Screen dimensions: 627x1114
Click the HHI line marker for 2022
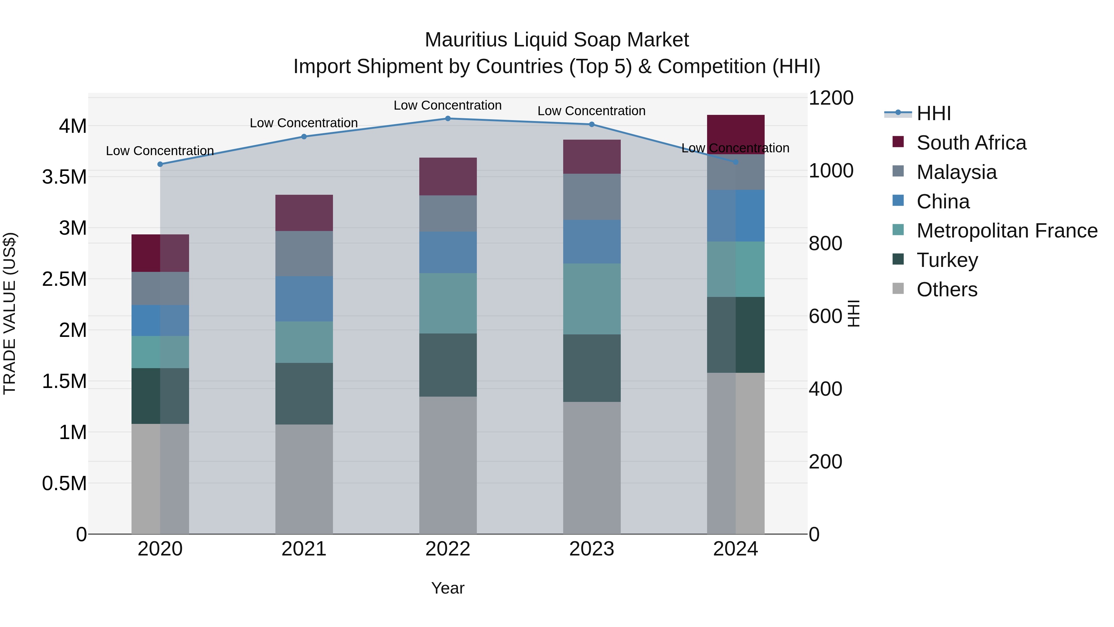(x=447, y=118)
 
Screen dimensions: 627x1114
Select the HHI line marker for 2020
(x=160, y=164)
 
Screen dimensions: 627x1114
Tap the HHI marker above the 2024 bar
(x=736, y=162)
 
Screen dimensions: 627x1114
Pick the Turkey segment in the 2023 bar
(x=592, y=368)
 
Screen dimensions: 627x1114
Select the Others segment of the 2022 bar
(x=447, y=465)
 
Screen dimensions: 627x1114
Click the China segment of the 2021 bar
(x=304, y=298)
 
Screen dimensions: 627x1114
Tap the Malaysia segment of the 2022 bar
(x=447, y=213)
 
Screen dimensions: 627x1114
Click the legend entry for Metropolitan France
(x=1007, y=231)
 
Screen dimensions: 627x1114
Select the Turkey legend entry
(x=947, y=260)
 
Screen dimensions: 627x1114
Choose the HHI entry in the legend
(x=933, y=113)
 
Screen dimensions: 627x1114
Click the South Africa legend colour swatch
(x=898, y=142)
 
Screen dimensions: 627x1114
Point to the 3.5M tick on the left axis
(x=64, y=177)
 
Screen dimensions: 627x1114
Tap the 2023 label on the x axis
(x=592, y=549)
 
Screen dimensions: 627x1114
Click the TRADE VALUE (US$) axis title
(x=10, y=313)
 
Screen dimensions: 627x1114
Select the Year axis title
(x=447, y=588)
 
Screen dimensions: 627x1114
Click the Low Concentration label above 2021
(x=304, y=123)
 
